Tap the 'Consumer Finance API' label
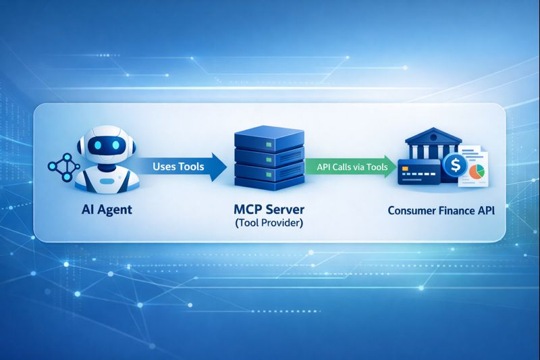(x=441, y=210)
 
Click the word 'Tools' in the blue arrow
(x=191, y=167)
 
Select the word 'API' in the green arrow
(x=325, y=167)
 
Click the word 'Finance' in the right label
(x=457, y=210)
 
